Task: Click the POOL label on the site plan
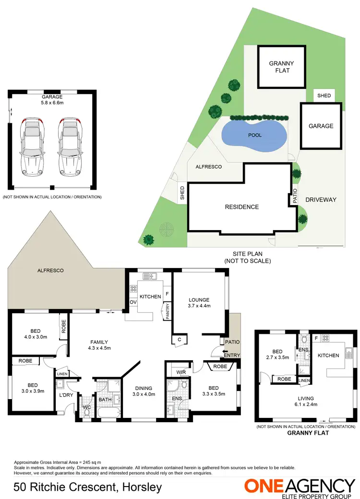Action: tap(255, 135)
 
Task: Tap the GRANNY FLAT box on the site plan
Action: tap(281, 67)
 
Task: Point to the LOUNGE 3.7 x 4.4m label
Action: tap(199, 302)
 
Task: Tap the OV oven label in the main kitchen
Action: tap(132, 302)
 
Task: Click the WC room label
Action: tap(86, 407)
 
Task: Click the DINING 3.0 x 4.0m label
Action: tap(144, 391)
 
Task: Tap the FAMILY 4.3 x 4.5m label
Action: tap(99, 345)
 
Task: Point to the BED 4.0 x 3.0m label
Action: tap(33, 333)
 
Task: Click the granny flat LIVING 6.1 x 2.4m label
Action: tap(306, 401)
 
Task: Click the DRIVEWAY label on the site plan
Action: tap(321, 200)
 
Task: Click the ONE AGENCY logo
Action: tap(300, 486)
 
